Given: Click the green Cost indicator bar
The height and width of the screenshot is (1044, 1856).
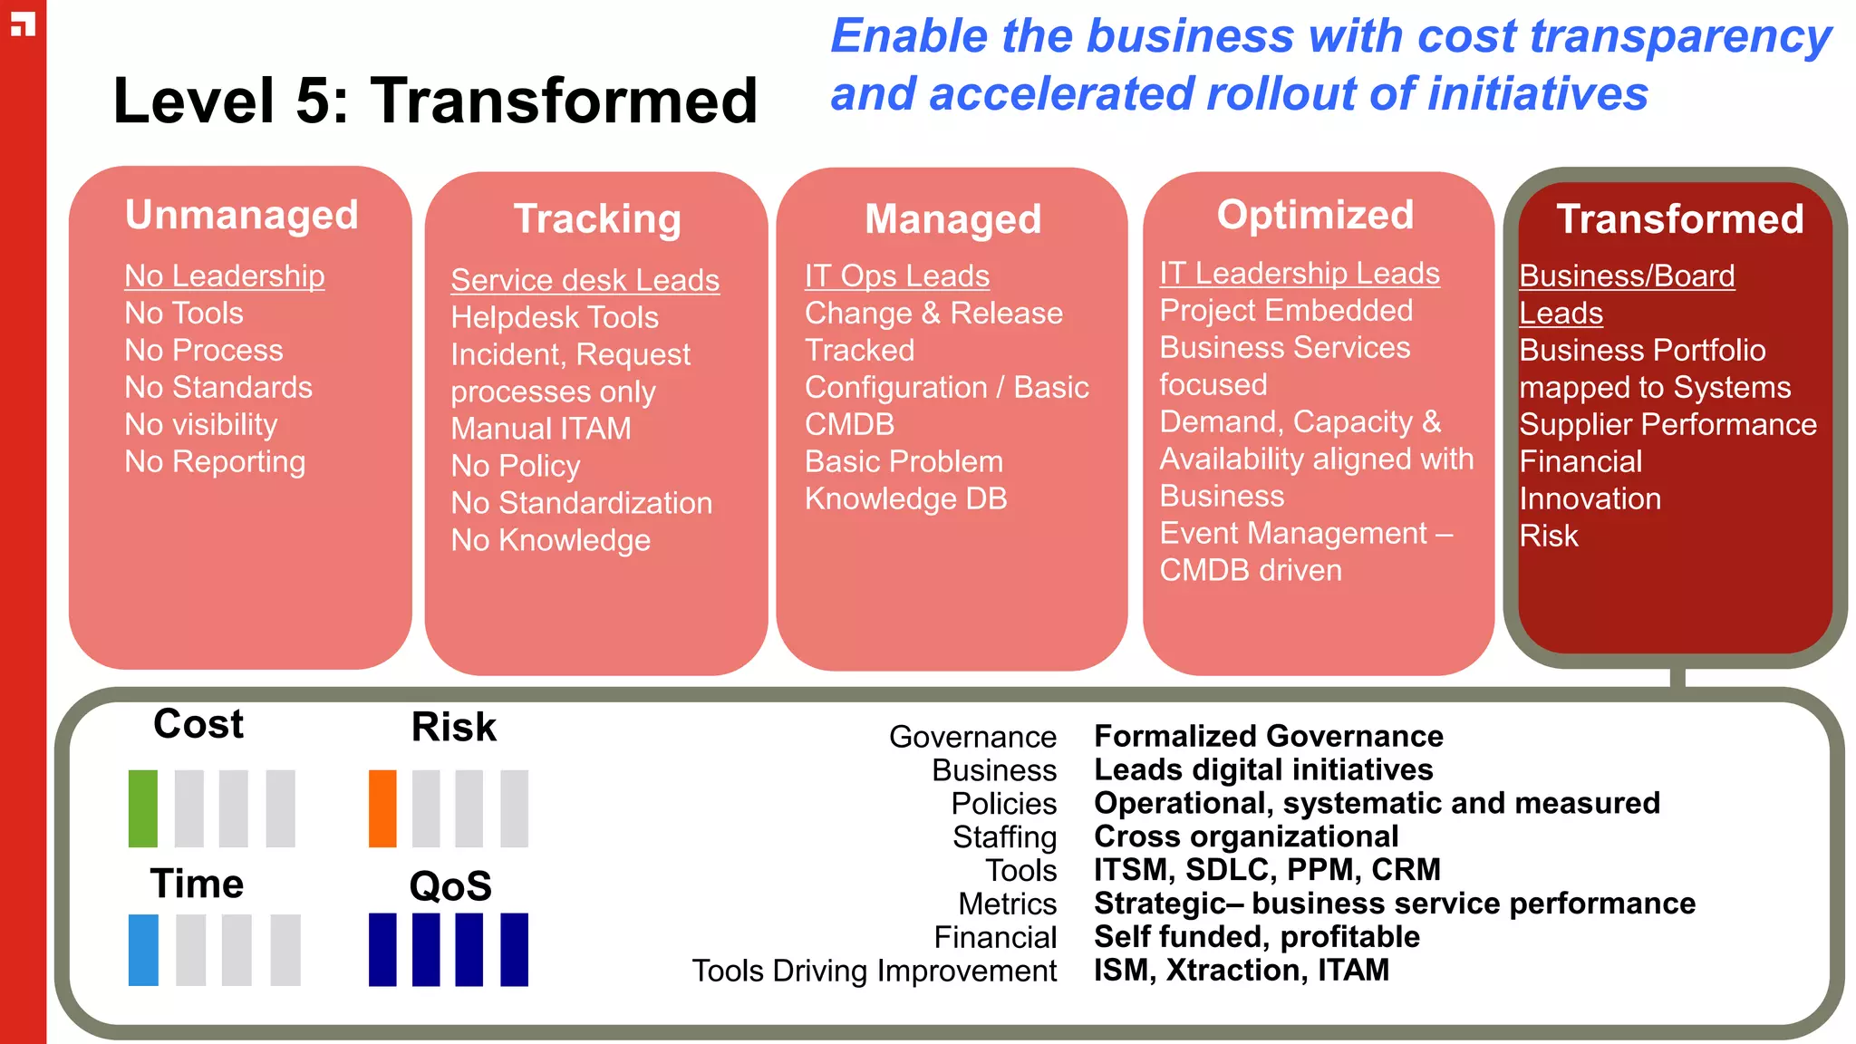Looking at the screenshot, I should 143,808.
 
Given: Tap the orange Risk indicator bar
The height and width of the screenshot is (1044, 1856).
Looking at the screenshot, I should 382,808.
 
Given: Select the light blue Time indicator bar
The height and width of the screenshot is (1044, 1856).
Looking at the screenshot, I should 143,950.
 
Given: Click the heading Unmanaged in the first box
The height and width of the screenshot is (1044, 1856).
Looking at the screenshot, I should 242,216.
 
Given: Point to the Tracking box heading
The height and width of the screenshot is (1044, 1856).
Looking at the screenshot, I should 597,219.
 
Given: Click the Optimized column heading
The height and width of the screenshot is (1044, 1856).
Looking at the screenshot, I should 1315,216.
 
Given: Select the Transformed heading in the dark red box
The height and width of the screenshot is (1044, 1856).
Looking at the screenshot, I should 1679,219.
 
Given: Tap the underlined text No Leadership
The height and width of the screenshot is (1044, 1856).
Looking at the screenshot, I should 225,275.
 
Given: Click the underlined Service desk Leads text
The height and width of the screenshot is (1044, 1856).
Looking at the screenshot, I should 585,280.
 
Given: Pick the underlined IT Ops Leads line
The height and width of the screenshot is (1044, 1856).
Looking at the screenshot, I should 897,275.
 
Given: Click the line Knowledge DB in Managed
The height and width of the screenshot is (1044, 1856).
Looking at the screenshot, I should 906,498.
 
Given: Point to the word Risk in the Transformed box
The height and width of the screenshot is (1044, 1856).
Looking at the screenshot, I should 1549,536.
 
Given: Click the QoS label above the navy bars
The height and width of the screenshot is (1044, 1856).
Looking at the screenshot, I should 450,885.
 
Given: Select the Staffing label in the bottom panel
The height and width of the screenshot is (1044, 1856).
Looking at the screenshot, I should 1004,836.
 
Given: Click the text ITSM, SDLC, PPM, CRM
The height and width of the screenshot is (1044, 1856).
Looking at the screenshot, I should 1267,869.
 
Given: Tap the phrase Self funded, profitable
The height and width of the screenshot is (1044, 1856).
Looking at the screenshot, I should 1257,936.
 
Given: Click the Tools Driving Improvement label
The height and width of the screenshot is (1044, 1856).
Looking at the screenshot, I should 875,971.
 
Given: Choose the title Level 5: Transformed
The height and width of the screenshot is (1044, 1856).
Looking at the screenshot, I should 435,101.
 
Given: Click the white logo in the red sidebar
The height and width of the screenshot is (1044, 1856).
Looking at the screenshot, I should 23,24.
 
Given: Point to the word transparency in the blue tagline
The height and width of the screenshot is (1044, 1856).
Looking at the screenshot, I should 1680,38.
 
